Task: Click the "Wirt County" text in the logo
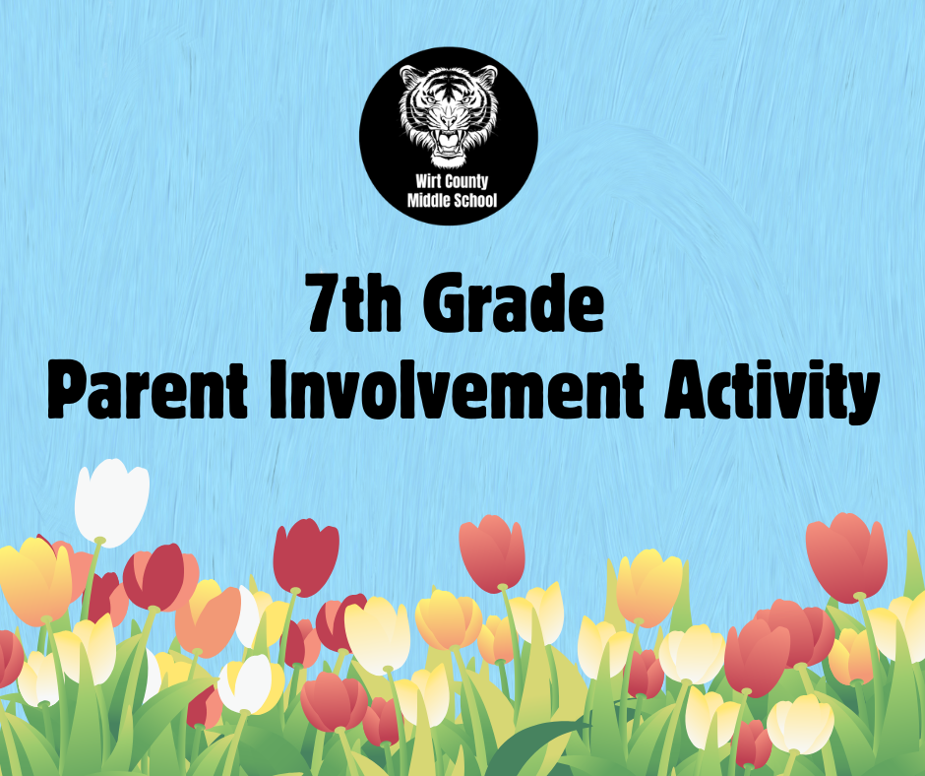pyautogui.click(x=452, y=184)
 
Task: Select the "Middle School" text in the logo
pyautogui.click(x=452, y=202)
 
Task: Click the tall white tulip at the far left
pyautogui.click(x=111, y=501)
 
